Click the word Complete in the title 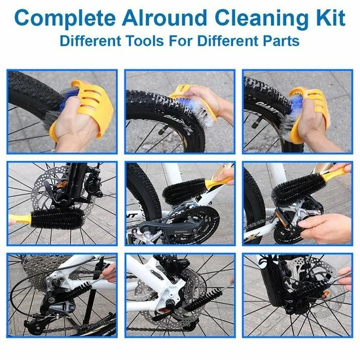pos(65,19)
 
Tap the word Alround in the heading pos(164,18)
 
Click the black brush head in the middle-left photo pos(58,218)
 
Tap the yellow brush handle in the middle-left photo pos(20,220)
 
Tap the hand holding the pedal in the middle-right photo pos(324,227)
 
